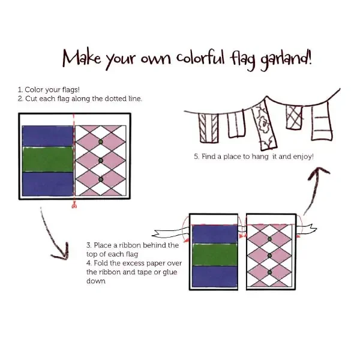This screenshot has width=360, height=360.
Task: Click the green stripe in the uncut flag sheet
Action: click(x=46, y=160)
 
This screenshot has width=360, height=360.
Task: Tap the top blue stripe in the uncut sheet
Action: click(x=46, y=136)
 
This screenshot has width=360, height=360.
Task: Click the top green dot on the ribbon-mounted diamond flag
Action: click(x=269, y=239)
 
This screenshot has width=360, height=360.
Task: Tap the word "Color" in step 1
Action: click(x=34, y=89)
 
